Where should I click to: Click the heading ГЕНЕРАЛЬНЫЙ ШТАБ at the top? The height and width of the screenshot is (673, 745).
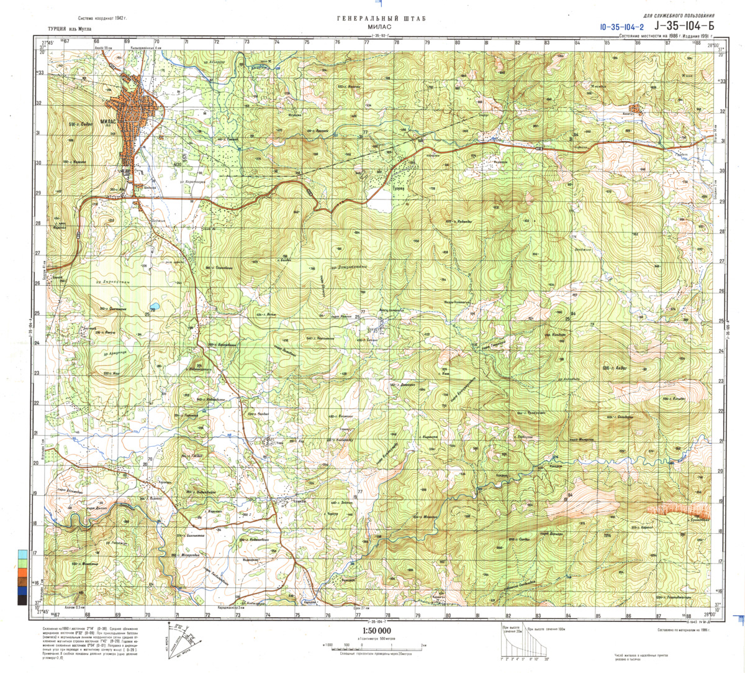pyautogui.click(x=381, y=19)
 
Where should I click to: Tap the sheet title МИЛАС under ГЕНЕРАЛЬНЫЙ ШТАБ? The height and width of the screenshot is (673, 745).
pyautogui.click(x=381, y=28)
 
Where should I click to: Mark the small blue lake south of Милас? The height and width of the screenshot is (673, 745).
pyautogui.click(x=153, y=307)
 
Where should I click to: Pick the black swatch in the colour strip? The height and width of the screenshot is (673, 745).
pyautogui.click(x=22, y=599)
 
